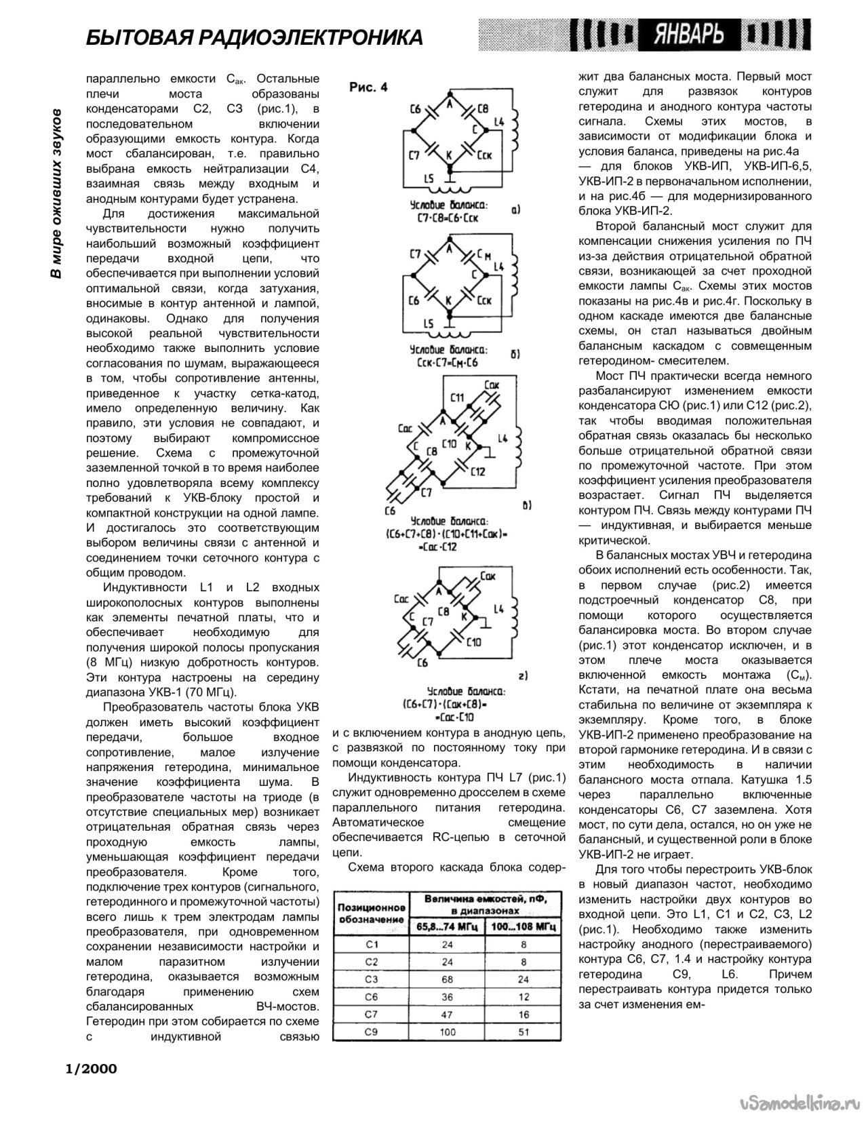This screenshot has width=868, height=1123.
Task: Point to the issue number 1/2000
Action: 91,1069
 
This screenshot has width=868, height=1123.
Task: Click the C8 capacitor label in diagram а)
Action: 483,108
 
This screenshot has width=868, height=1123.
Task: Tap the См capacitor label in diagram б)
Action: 484,256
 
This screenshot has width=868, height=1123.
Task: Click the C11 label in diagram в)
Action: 456,397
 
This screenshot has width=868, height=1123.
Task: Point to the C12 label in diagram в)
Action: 477,470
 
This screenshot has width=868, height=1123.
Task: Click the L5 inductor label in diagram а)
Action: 427,179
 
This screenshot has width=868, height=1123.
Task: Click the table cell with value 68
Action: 447,979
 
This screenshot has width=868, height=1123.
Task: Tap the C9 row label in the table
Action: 371,1032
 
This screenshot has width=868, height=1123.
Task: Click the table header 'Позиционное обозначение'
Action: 371,913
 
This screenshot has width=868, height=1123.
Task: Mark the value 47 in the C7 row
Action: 447,1014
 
